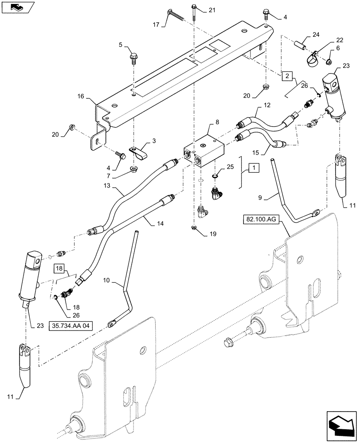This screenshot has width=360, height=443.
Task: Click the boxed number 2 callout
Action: tap(287, 76)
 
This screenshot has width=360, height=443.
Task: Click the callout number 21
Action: tap(211, 10)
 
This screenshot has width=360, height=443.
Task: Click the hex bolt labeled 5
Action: tap(133, 57)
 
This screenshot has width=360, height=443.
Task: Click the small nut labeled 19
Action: tap(194, 228)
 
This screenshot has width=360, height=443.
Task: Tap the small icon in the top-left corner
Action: tap(16, 7)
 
